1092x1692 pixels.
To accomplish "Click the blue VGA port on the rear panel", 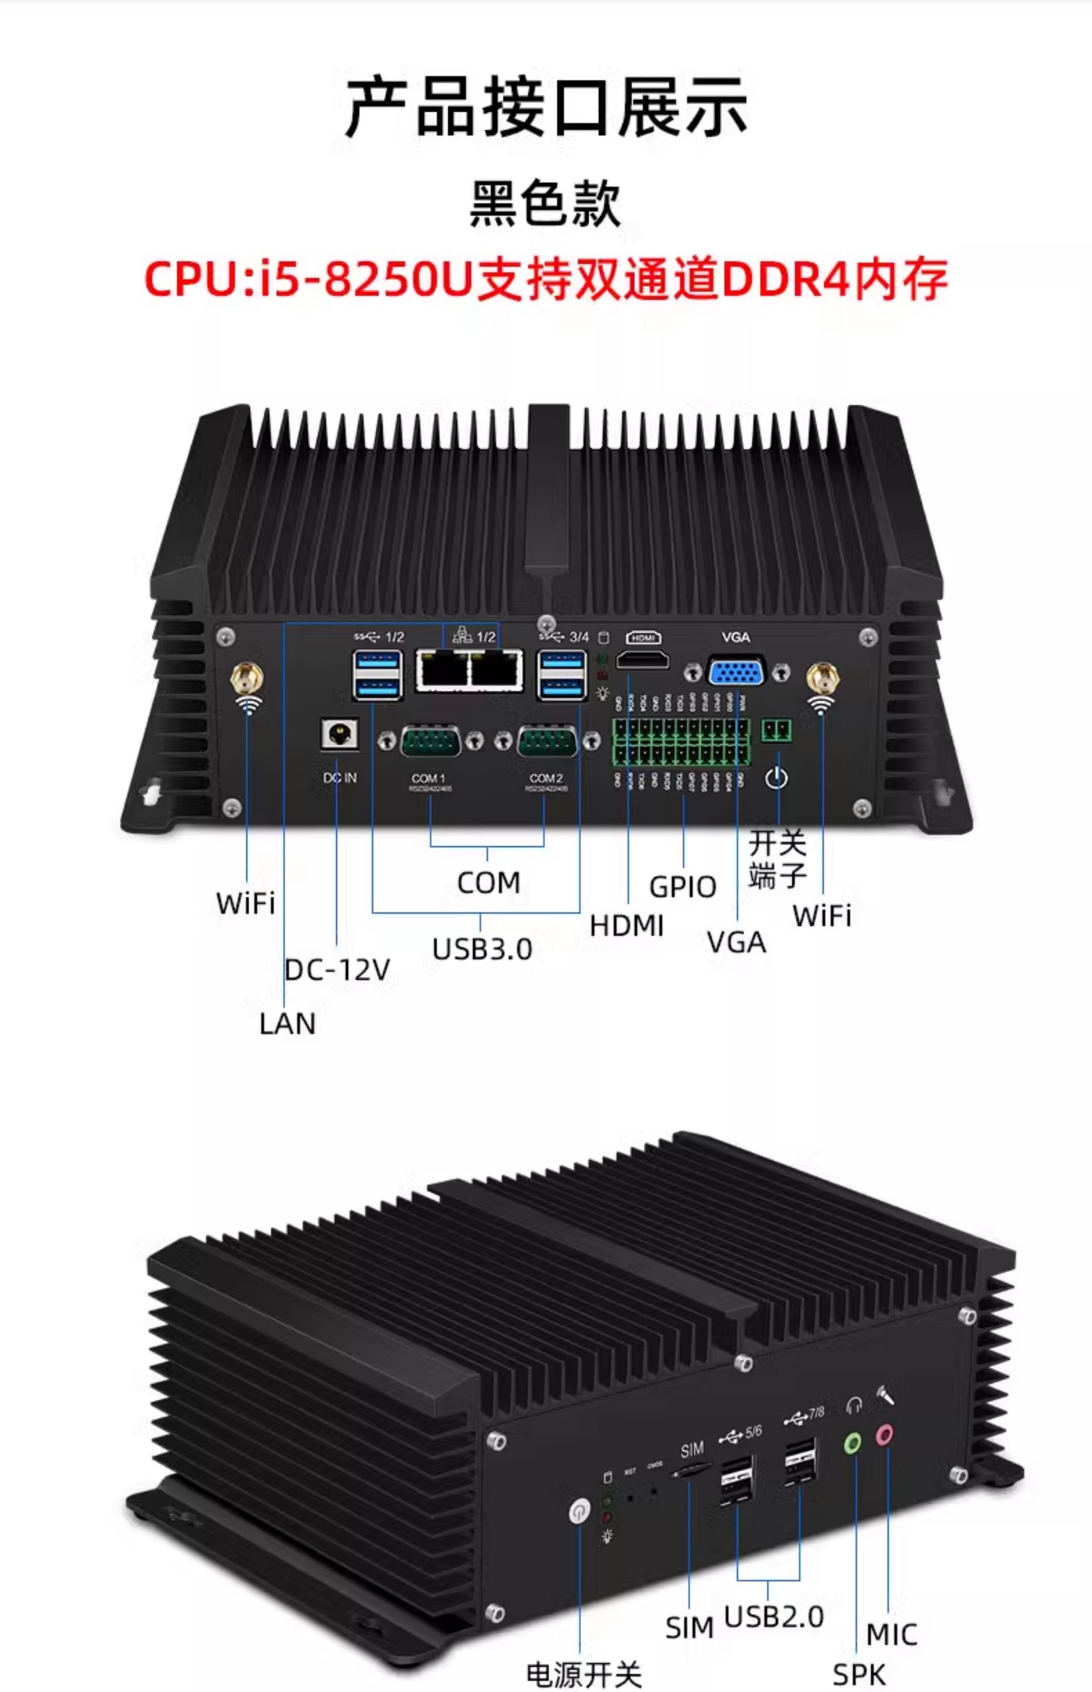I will [x=737, y=671].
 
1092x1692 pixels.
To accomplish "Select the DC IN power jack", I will [x=339, y=734].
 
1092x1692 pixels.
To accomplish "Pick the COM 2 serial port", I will [x=547, y=742].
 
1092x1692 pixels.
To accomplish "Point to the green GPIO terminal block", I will [x=681, y=742].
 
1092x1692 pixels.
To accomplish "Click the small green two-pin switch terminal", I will [x=776, y=730].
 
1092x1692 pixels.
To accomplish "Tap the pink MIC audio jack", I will [x=884, y=1435].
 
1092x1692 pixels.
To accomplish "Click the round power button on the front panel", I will [x=579, y=1511].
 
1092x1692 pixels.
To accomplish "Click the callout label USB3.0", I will [x=482, y=949].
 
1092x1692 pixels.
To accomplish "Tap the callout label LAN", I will [x=287, y=1024].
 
